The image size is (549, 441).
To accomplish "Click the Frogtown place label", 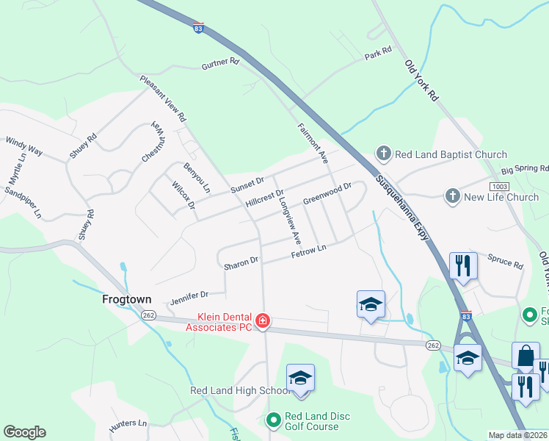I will (127, 300).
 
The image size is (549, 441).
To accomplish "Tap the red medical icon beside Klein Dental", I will (263, 321).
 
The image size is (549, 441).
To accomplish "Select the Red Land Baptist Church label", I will (451, 154).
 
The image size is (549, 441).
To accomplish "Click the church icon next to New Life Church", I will (453, 196).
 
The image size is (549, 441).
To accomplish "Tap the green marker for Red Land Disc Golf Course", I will (273, 420).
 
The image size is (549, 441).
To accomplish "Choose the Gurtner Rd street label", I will (220, 65).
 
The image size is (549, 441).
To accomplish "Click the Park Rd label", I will (378, 54).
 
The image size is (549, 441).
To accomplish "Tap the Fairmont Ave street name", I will (313, 143).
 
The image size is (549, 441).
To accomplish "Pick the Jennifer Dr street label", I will (189, 298).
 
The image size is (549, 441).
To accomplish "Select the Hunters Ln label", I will (128, 423).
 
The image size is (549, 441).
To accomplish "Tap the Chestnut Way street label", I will (155, 143).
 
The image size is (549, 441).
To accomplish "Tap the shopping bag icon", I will (526, 356).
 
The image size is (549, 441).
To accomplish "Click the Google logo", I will (24, 432).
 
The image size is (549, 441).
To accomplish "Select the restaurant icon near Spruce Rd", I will (462, 265).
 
